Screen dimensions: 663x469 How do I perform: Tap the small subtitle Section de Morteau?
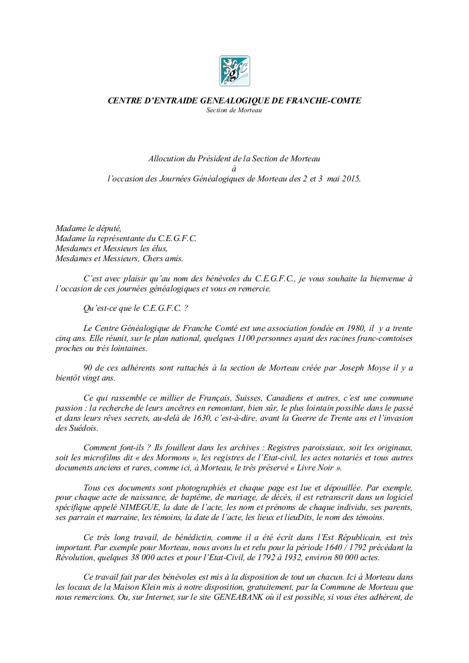[234, 110]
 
